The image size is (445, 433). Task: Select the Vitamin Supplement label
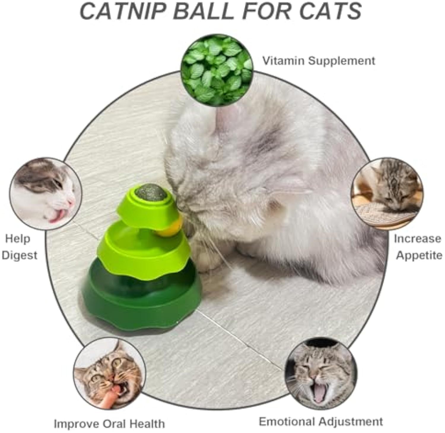coord(319,61)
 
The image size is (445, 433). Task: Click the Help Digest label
coord(20,247)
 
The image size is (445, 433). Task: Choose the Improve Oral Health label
coord(109,424)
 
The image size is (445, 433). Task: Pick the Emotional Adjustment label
coord(321,421)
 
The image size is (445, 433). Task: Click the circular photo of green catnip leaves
coord(217,70)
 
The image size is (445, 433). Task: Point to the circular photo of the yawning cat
coord(321,374)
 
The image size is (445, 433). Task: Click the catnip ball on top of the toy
coord(151,192)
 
